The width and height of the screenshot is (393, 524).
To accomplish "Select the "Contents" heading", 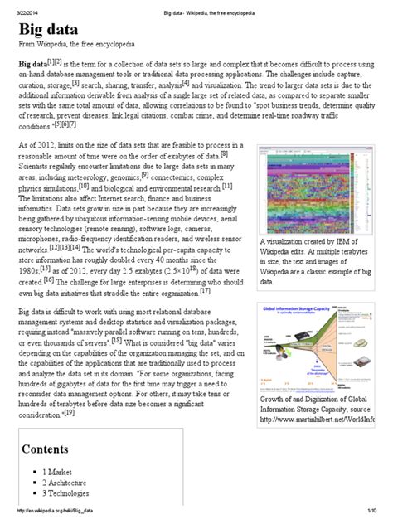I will (47, 450).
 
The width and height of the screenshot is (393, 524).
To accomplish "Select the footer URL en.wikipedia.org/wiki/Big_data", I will (47, 519).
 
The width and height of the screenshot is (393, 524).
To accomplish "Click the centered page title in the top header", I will (196, 6).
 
